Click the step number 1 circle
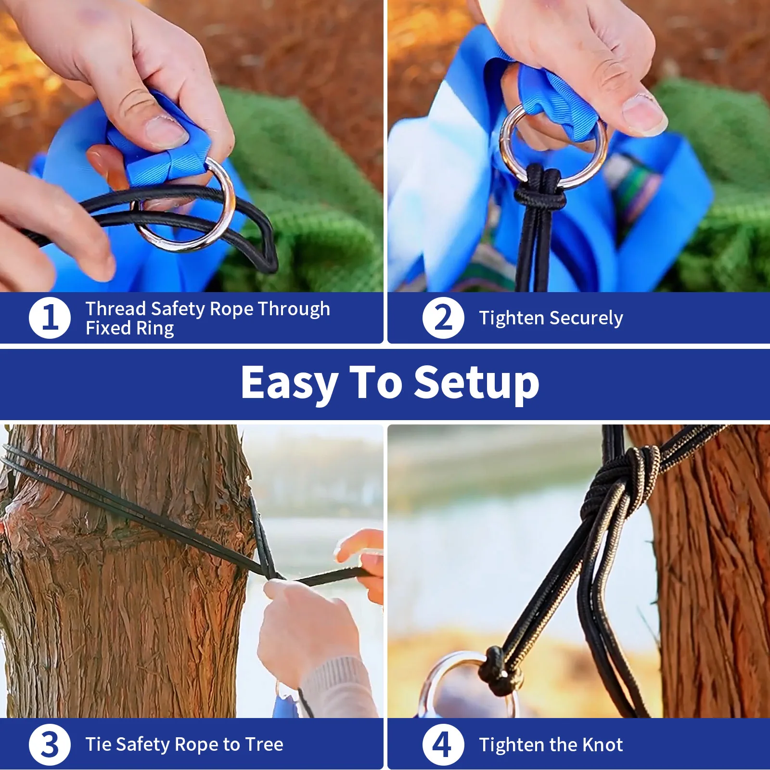(x=50, y=318)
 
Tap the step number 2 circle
(x=443, y=318)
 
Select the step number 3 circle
(x=50, y=744)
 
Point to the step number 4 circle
(x=443, y=744)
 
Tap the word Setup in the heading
(x=476, y=384)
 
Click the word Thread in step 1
(x=115, y=308)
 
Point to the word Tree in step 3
(x=264, y=744)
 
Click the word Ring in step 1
(x=155, y=328)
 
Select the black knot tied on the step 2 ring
(x=540, y=195)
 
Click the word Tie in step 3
(x=98, y=744)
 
